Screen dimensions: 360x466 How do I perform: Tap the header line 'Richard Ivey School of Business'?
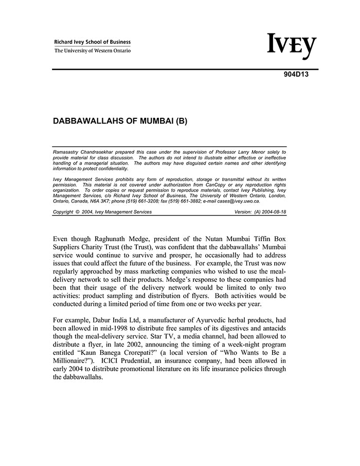tap(93, 42)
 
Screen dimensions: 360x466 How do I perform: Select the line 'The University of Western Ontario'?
tap(93, 51)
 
